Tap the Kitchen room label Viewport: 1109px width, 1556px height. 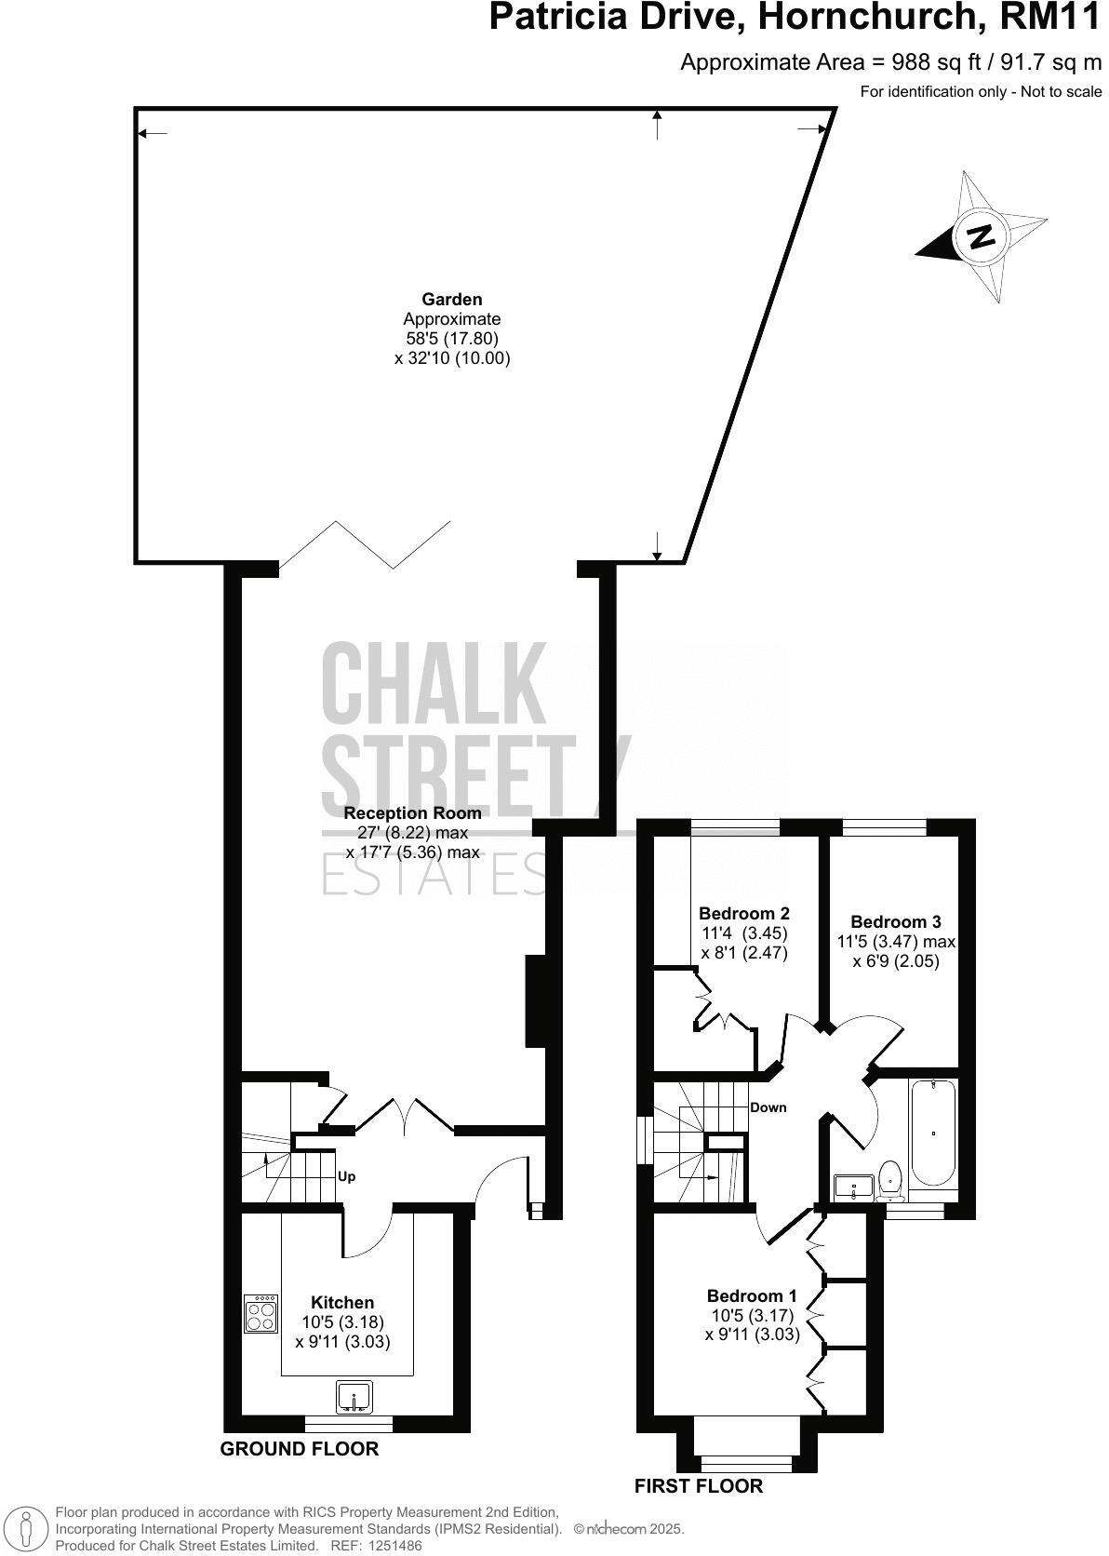click(342, 1303)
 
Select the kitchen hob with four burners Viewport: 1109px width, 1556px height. click(261, 1314)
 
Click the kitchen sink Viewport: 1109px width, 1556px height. click(354, 1397)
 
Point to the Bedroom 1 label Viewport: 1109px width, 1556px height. click(752, 1295)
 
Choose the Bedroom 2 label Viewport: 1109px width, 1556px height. click(744, 913)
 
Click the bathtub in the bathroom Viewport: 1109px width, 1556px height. click(933, 1132)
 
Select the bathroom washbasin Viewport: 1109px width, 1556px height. click(854, 1187)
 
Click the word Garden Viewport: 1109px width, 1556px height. click(452, 300)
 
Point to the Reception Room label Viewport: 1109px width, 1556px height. click(413, 813)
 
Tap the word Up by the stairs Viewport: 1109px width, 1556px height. click(346, 1176)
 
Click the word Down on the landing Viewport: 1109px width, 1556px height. click(768, 1107)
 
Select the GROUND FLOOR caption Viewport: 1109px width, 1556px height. click(300, 1448)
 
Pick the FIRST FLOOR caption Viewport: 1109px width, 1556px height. click(699, 1486)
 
